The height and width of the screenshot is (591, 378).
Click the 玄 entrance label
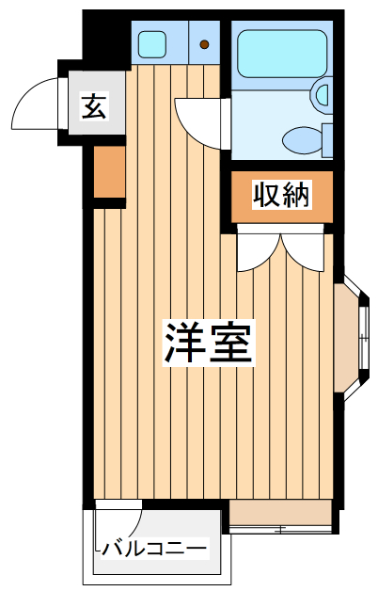93,105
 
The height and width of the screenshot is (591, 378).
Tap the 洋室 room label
209,343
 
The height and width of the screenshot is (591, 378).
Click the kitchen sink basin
150,42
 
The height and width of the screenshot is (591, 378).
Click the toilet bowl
302,141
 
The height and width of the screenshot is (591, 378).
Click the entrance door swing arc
36,102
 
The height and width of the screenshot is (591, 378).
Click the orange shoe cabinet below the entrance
109,176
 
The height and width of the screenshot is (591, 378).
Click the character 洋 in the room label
186,343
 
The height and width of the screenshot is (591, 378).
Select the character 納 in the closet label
294,196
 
